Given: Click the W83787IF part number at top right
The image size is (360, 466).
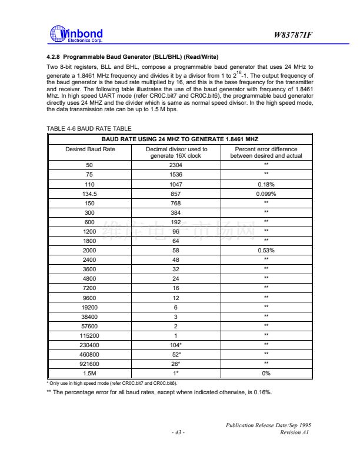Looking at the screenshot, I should [x=293, y=35].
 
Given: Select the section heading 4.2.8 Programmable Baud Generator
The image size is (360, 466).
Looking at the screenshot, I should [x=132, y=57].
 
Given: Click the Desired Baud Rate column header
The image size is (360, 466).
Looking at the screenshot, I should [x=90, y=149].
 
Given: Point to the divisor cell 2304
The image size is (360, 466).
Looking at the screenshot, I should [x=176, y=165].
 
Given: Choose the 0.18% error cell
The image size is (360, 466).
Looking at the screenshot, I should [x=266, y=184].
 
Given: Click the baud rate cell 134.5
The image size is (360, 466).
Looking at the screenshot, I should [x=90, y=193].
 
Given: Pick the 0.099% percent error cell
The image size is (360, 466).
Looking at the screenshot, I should [x=266, y=193].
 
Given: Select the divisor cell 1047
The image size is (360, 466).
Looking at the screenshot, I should [x=176, y=184].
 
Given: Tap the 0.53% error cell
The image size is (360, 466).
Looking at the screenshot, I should [x=266, y=249].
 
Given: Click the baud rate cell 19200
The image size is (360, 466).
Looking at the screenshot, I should [x=90, y=307].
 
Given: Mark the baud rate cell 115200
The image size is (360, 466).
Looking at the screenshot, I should [x=90, y=335].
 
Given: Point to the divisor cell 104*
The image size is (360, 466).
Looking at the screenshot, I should [x=176, y=344].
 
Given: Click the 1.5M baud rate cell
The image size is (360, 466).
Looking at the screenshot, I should [x=90, y=372].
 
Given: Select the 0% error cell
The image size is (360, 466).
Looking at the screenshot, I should [x=266, y=372].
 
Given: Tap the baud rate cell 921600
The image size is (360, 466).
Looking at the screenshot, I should [x=90, y=363].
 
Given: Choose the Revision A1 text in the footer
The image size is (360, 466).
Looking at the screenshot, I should [x=295, y=433].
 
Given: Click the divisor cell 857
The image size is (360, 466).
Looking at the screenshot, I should [x=176, y=193].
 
